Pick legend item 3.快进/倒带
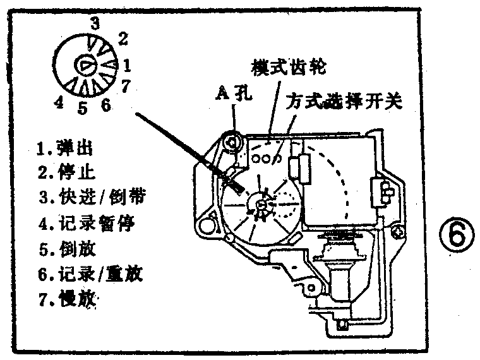92,197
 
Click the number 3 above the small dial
95,24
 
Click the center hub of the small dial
85,64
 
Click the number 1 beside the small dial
126,64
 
